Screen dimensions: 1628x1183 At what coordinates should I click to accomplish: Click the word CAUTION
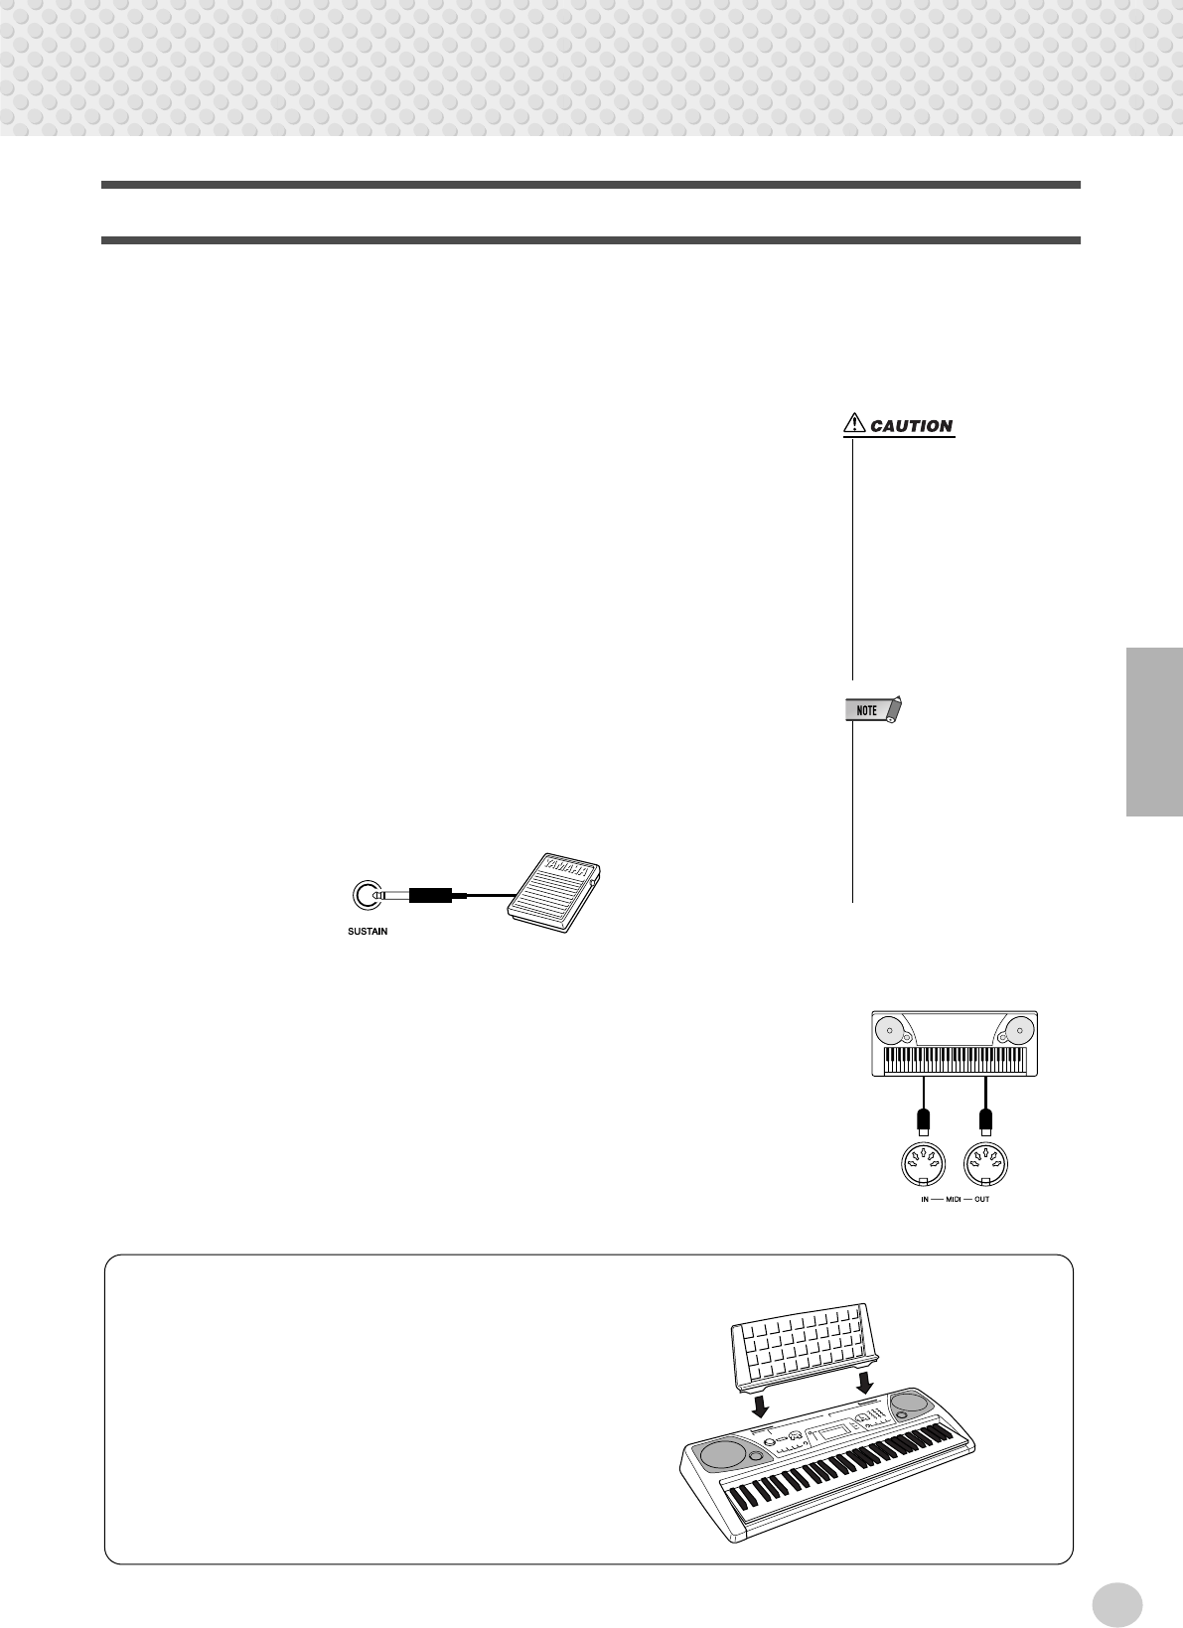pyautogui.click(x=911, y=426)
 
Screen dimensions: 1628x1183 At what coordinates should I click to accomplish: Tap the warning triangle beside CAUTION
pyautogui.click(x=853, y=425)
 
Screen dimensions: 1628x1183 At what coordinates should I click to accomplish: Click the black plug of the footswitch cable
pyautogui.click(x=430, y=896)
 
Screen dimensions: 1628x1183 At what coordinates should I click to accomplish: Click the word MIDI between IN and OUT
pyautogui.click(x=954, y=1200)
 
